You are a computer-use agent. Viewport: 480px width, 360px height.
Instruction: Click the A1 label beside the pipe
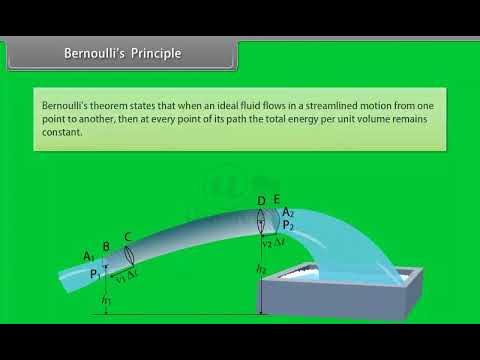tap(89, 257)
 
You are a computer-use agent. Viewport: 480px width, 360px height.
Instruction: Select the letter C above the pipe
tap(128, 238)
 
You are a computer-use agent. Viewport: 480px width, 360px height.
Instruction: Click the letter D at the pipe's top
tap(261, 202)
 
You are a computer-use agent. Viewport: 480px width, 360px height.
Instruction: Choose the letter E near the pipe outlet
tap(276, 199)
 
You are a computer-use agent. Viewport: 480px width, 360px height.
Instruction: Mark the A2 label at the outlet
tap(288, 212)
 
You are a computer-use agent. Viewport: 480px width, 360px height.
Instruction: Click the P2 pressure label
tap(288, 225)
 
